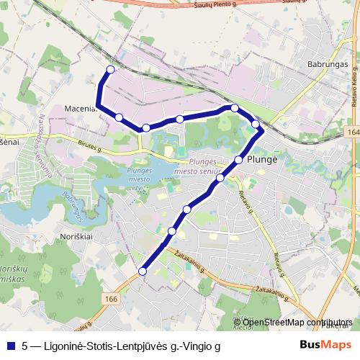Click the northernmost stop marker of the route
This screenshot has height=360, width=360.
point(110,70)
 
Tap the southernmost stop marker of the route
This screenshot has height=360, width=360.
point(143,271)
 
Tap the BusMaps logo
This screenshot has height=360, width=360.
point(325,345)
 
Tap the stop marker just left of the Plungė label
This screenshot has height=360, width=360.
point(239,160)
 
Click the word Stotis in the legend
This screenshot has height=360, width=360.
point(91,346)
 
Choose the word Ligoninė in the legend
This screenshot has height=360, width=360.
point(57,346)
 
